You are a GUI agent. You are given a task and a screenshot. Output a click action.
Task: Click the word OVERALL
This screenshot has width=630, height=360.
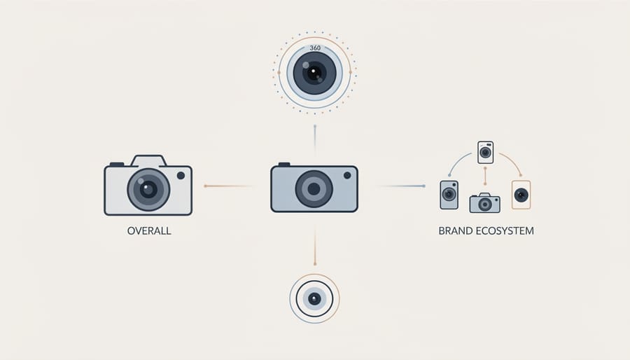pyautogui.click(x=149, y=231)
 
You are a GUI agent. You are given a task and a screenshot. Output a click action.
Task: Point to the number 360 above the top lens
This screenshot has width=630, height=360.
pyautogui.click(x=315, y=48)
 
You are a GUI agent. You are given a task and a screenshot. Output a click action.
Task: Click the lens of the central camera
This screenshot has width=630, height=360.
pyautogui.click(x=314, y=189)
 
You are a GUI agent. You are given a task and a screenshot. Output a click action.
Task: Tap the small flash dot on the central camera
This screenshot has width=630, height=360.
pyautogui.click(x=347, y=175)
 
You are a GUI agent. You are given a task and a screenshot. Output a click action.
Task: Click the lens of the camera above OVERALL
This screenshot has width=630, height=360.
pyautogui.click(x=148, y=190)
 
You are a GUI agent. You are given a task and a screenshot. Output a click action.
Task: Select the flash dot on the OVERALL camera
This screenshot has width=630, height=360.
pyautogui.click(x=181, y=176)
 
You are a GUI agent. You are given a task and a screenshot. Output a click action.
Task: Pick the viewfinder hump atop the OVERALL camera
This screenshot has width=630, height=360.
pyautogui.click(x=148, y=160)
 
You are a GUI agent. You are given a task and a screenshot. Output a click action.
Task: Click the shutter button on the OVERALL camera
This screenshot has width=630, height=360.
pyautogui.click(x=117, y=165)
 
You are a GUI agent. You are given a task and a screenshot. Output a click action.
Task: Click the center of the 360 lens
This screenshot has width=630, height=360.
pyautogui.click(x=314, y=73)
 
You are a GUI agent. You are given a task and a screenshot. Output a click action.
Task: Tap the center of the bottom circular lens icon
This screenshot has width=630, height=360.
pyautogui.click(x=314, y=298)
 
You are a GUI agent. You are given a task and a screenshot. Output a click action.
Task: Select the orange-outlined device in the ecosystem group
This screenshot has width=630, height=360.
pyautogui.click(x=521, y=195)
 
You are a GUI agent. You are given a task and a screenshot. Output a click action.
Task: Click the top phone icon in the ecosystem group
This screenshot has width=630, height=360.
pyautogui.click(x=485, y=152)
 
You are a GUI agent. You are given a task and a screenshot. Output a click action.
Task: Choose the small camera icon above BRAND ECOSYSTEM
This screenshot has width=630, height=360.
pyautogui.click(x=485, y=203)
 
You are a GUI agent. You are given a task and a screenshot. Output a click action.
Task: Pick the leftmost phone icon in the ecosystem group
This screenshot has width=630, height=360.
pyautogui.click(x=449, y=195)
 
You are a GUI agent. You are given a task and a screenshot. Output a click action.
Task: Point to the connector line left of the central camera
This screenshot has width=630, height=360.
pyautogui.click(x=230, y=186)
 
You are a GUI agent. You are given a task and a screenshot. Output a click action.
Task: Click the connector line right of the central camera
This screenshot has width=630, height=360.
pyautogui.click(x=400, y=186)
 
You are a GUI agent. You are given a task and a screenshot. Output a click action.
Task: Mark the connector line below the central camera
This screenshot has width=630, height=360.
pyautogui.click(x=315, y=244)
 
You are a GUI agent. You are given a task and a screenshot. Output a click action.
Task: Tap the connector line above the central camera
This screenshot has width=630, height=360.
pyautogui.click(x=315, y=141)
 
